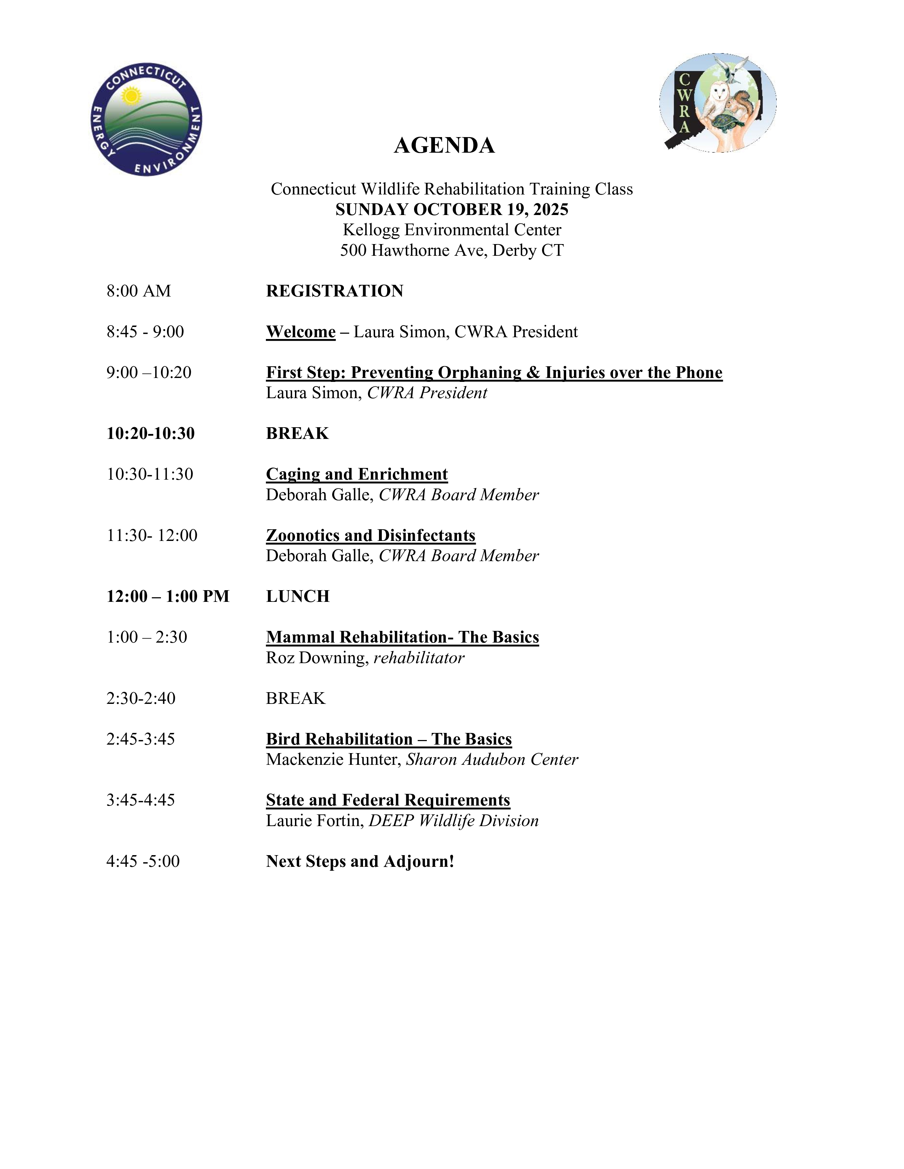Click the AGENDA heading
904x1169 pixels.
444,146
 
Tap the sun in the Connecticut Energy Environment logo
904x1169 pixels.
130,96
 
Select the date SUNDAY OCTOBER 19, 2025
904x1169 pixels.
451,209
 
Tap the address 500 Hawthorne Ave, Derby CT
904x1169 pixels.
451,250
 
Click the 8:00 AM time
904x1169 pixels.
139,290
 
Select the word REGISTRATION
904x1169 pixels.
335,290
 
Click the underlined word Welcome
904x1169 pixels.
300,332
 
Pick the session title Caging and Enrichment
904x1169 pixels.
357,474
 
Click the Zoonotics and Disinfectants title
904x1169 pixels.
370,535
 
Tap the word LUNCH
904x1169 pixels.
298,596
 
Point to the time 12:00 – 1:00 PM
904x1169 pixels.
168,596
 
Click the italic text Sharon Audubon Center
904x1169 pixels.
492,759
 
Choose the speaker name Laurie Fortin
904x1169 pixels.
314,820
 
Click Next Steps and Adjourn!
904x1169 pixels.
360,861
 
